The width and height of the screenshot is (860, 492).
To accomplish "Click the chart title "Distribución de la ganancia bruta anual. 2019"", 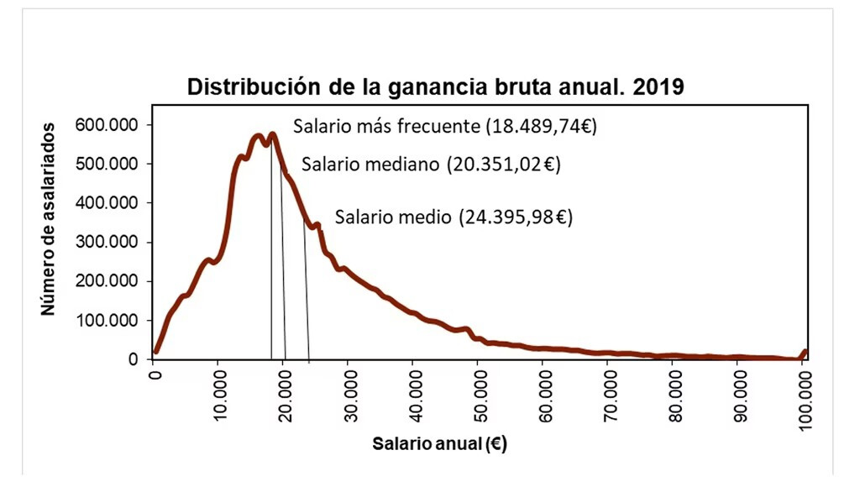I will point(436,87).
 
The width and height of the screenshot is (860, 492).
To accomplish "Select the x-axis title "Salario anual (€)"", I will point(439,444).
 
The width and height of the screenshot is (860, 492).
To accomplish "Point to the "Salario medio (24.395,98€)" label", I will point(454,217).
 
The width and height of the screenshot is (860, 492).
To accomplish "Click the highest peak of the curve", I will point(272,134).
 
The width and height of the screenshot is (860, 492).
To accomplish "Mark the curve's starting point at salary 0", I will point(155,352).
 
